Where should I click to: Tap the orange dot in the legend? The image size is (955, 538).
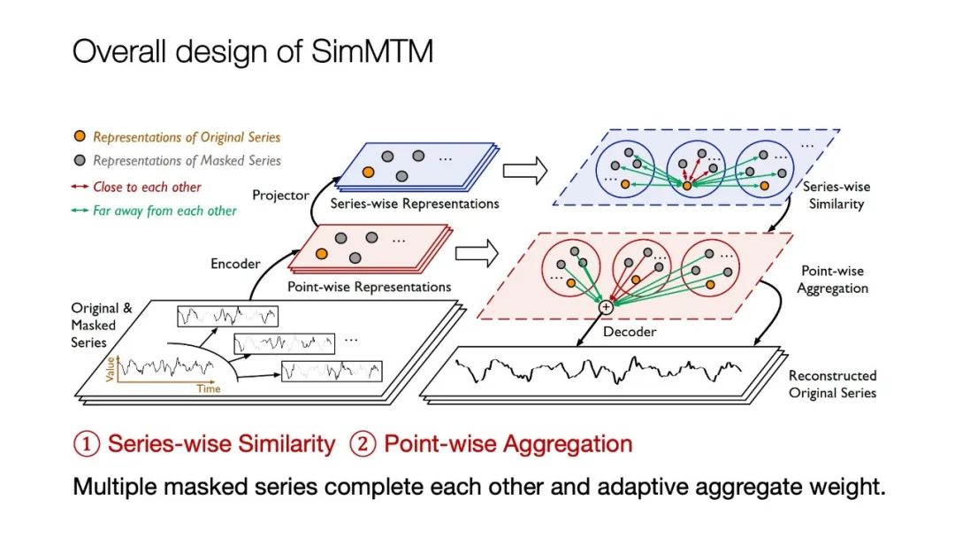(x=80, y=137)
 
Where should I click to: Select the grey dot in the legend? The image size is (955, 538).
(x=80, y=161)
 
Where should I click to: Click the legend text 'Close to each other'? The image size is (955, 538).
(x=147, y=187)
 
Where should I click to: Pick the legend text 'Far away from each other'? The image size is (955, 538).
(x=164, y=211)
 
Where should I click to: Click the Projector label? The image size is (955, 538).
(x=280, y=194)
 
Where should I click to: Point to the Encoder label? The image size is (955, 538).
(x=235, y=263)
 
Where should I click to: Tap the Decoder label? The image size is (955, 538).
(x=629, y=332)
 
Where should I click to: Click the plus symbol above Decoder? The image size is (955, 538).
(x=606, y=307)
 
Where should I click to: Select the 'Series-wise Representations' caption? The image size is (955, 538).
(x=414, y=204)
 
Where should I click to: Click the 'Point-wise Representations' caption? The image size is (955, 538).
(x=369, y=287)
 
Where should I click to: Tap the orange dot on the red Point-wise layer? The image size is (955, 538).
(x=321, y=253)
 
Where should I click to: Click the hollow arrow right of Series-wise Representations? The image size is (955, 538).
(x=525, y=171)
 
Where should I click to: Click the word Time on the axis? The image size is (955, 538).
(x=209, y=388)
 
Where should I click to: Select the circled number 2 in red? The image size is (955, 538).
(x=363, y=443)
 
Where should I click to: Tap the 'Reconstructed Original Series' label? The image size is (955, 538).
(x=832, y=384)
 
